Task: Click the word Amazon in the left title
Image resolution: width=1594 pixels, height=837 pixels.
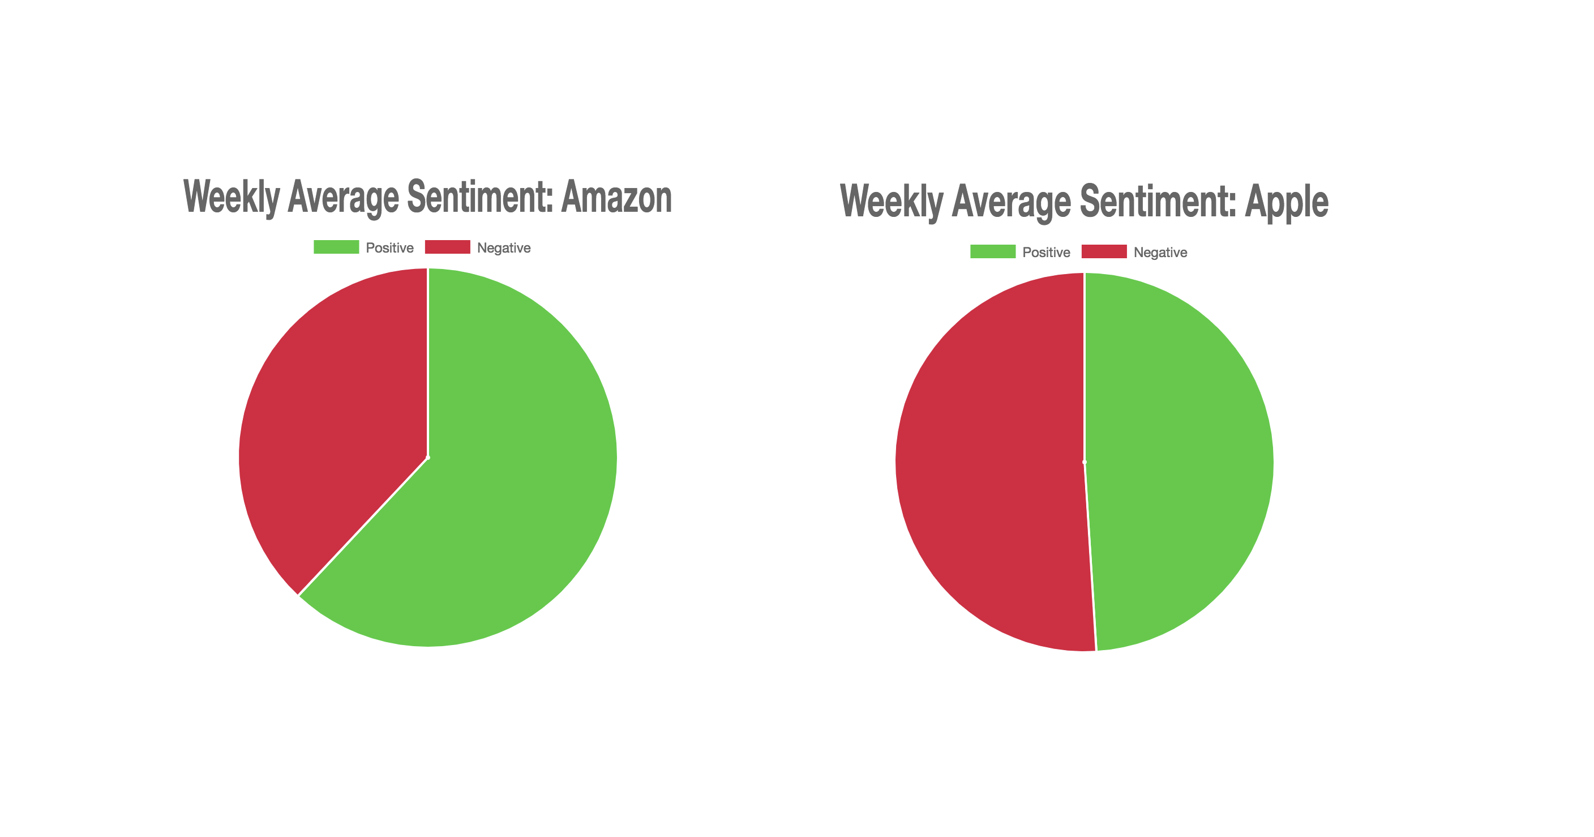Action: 616,197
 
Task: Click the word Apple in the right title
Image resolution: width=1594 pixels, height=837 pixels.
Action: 1287,201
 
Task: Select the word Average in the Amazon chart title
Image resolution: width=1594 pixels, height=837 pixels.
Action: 344,197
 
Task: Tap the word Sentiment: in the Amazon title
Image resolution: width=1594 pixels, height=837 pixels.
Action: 479,197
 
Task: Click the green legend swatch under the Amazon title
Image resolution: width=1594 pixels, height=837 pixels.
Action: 336,247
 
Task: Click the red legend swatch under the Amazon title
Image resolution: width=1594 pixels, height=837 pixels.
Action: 447,247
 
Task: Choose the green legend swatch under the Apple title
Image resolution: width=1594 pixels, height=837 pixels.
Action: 992,251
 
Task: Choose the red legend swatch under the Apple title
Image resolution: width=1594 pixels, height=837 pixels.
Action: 1104,251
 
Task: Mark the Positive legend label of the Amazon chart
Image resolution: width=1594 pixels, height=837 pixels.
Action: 389,247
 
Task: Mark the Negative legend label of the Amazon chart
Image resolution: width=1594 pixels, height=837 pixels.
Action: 504,247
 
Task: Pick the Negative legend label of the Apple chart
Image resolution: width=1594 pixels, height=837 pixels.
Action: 1160,252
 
